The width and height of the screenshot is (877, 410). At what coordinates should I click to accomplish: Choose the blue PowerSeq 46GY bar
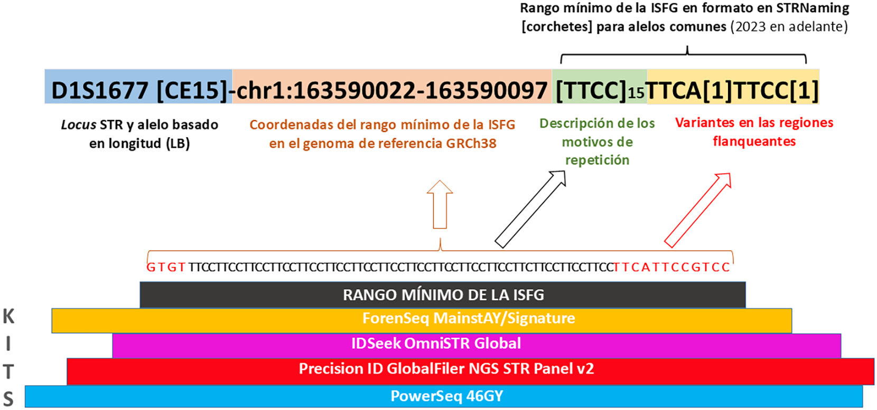(x=444, y=396)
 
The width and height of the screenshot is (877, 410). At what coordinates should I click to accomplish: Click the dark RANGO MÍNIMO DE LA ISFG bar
(x=443, y=294)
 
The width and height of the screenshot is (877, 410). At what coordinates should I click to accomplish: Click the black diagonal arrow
(x=530, y=209)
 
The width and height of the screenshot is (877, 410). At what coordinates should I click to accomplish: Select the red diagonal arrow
(x=697, y=210)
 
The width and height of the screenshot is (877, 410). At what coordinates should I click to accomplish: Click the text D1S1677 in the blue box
(x=100, y=90)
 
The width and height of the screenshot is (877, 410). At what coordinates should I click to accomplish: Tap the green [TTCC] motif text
(x=591, y=90)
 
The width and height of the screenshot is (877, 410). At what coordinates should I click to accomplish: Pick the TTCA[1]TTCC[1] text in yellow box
(x=732, y=90)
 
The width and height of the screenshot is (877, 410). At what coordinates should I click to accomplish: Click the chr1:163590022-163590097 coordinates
(x=391, y=90)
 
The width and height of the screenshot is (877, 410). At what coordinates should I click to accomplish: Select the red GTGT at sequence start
(x=166, y=267)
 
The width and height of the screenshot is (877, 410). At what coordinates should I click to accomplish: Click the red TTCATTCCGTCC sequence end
(x=671, y=267)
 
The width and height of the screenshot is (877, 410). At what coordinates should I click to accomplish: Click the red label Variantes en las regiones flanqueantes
(x=754, y=132)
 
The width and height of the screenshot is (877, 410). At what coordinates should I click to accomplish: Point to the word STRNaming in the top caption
(x=813, y=8)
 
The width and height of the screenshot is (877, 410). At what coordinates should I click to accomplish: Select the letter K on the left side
(x=8, y=317)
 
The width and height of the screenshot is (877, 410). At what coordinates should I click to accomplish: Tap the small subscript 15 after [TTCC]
(x=636, y=93)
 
